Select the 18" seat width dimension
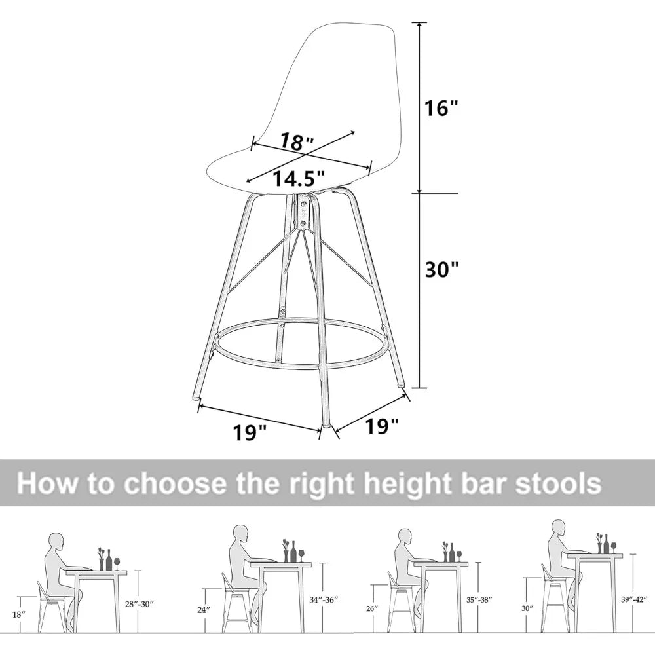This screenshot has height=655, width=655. (297, 141)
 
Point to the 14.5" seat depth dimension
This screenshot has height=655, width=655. (299, 178)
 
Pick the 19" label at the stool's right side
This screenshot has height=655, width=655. (382, 427)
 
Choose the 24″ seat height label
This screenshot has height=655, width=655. (204, 610)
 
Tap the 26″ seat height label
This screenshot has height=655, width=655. (371, 608)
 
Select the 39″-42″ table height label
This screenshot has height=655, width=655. (633, 599)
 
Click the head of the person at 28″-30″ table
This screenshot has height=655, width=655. (58, 542)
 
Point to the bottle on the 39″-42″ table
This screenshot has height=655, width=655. (607, 543)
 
